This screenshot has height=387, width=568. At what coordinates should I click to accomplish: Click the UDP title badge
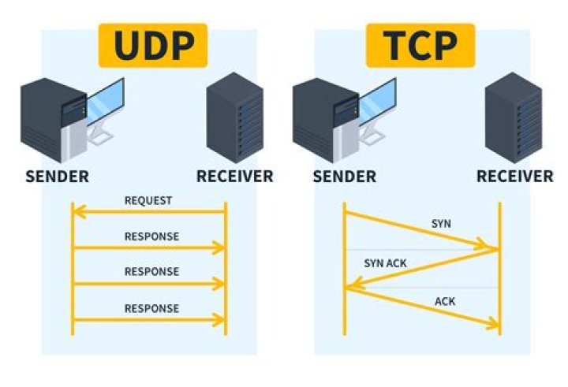(152, 45)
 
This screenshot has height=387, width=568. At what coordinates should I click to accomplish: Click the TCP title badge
(421, 45)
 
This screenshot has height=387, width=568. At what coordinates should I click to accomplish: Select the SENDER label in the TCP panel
(344, 177)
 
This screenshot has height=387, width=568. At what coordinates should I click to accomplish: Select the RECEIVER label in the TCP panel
(514, 177)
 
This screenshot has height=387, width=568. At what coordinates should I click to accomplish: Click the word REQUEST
(148, 200)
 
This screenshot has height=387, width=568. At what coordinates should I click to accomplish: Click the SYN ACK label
(385, 263)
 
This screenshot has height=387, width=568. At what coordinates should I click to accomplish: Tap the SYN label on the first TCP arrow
(442, 224)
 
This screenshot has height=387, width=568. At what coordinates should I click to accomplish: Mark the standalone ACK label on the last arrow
(445, 301)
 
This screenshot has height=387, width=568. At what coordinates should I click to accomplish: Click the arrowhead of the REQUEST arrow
(77, 211)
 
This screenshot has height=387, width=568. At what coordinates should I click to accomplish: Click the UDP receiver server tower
(234, 118)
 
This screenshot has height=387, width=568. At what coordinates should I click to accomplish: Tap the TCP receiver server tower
(513, 118)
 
